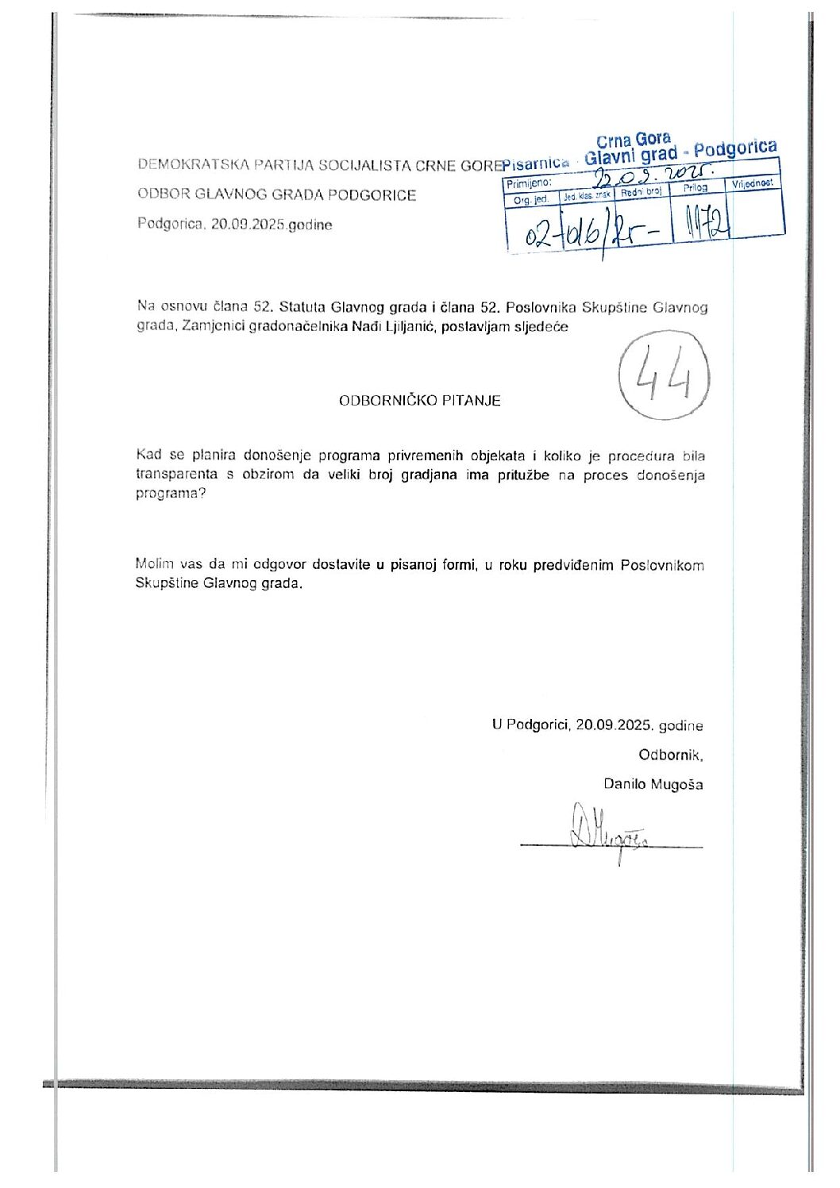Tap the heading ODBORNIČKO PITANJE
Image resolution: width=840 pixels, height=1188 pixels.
(419, 401)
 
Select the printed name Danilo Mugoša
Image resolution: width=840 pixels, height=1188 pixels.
(653, 784)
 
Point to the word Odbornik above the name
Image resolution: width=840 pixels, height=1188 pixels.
(670, 755)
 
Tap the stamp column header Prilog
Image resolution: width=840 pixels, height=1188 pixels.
(695, 188)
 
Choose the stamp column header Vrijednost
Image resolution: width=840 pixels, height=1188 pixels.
(752, 183)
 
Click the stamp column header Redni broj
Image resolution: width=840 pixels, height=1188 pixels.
(642, 191)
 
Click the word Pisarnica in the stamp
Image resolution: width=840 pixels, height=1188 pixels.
(536, 163)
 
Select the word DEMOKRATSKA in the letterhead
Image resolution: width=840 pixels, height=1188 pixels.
(186, 165)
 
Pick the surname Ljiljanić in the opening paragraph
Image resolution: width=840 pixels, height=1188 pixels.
(404, 327)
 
